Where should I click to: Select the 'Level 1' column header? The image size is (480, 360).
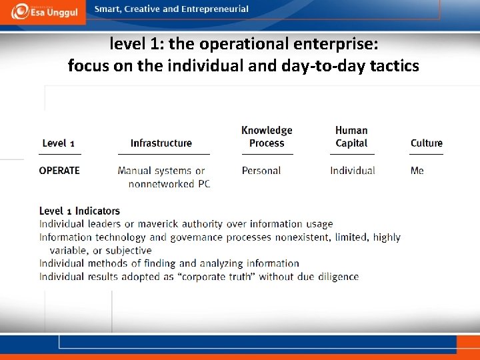[58, 143]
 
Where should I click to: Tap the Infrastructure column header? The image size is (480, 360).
[161, 143]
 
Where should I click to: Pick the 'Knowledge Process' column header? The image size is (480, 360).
[267, 137]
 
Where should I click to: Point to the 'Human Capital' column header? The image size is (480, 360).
[351, 137]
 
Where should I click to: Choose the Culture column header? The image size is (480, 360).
[426, 143]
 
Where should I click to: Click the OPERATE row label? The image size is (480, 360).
[59, 171]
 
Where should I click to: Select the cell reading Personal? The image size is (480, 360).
[261, 171]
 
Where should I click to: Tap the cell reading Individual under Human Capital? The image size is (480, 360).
[352, 171]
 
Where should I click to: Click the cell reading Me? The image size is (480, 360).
[417, 171]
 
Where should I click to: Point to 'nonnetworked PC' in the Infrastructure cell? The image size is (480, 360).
[169, 184]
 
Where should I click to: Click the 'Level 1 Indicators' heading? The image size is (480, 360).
[79, 211]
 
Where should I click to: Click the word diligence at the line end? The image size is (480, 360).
[336, 277]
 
